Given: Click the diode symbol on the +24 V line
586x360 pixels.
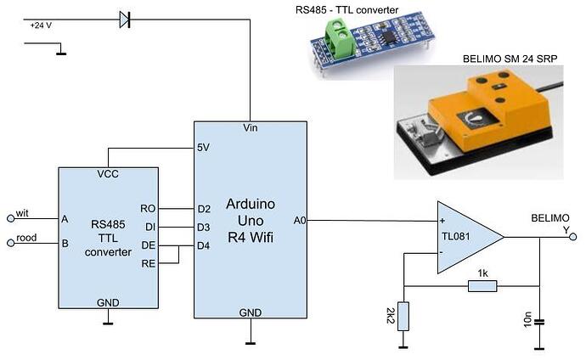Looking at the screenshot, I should point(125,18).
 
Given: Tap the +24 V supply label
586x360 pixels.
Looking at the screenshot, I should point(42,26).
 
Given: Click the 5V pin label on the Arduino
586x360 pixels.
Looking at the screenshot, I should point(204,146).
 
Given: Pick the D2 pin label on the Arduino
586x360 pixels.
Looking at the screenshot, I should point(204,208).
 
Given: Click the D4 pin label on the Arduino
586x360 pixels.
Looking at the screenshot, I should point(204,246).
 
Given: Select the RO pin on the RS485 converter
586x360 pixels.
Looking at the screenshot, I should point(148,208).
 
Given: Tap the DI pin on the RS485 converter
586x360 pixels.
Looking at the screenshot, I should point(149,227).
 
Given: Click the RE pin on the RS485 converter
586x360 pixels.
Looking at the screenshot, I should point(148,264).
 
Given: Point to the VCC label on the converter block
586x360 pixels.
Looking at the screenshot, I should point(108,175).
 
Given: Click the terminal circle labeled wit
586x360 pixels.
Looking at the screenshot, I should point(10,217).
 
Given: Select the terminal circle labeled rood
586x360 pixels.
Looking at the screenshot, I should point(10,241).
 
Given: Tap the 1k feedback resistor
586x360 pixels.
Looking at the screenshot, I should point(482,286).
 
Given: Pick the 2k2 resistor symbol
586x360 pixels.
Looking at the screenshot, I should point(404,316).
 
